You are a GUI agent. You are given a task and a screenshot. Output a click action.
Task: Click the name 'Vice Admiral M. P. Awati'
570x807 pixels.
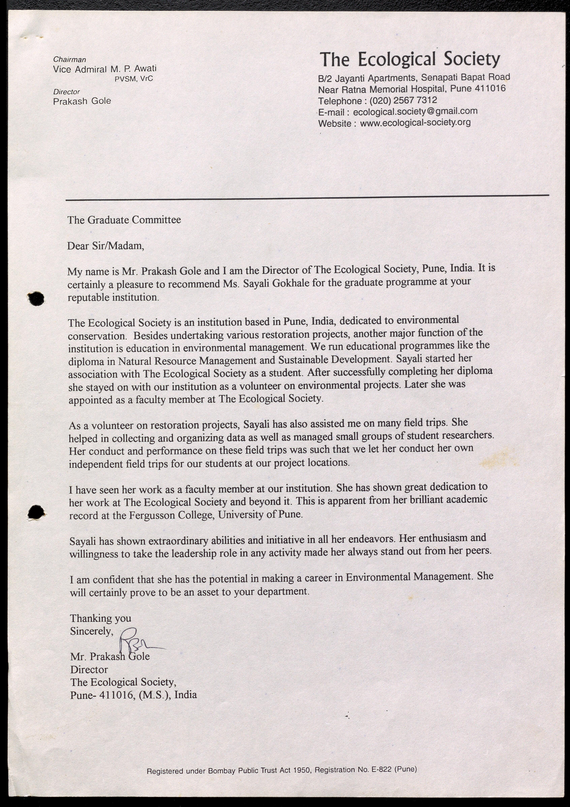105,69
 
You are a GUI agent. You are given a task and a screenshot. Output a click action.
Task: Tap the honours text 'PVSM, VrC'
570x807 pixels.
134,79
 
